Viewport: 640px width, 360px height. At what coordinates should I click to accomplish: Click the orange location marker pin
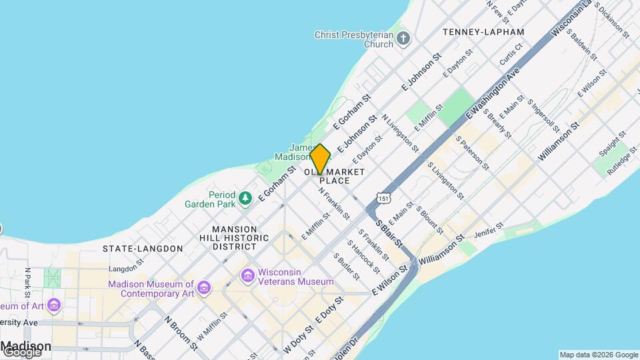[x=320, y=159]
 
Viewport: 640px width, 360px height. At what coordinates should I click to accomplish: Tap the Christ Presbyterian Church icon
[x=403, y=39]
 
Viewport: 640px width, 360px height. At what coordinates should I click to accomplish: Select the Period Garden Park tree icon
[x=246, y=198]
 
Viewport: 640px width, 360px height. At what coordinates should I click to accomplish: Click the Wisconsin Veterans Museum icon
[x=248, y=275]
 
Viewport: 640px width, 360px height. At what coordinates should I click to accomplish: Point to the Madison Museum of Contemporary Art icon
[x=204, y=288]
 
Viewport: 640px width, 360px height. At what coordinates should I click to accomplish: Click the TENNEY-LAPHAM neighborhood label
[x=483, y=32]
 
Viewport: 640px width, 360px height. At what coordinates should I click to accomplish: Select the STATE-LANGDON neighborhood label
[x=143, y=249]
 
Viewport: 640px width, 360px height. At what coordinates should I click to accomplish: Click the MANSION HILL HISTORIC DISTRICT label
[x=225, y=237]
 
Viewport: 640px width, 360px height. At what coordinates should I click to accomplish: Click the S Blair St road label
[x=389, y=233]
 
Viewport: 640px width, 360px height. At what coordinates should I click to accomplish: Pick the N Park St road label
[x=28, y=283]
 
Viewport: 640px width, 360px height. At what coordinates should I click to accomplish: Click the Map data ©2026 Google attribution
[x=599, y=355]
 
